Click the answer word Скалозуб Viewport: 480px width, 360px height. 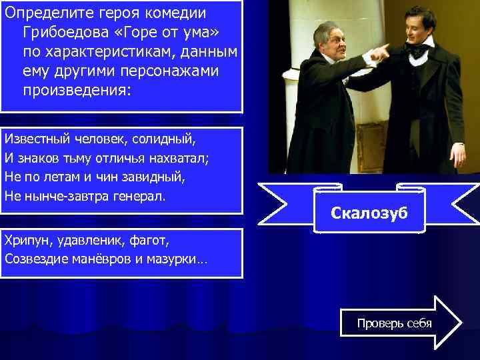(369, 213)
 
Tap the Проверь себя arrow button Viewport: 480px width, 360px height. (394, 323)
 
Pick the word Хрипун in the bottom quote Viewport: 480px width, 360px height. (25, 239)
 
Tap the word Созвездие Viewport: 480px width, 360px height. (33, 259)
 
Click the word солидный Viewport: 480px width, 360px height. (163, 139)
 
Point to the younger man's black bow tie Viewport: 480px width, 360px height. (419, 50)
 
